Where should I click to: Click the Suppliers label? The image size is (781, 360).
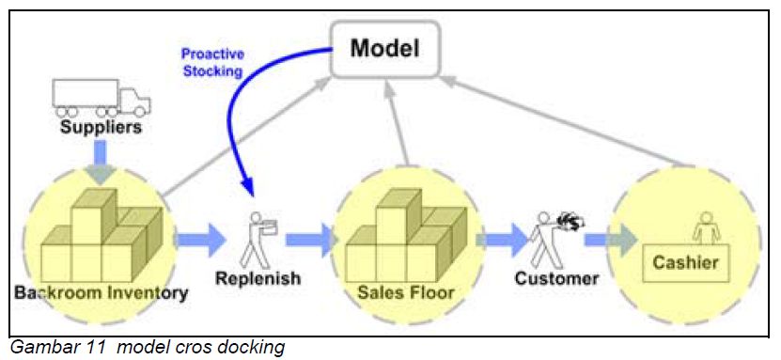102,127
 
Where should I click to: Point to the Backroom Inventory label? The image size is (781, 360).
102,292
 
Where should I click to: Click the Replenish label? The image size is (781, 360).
258,279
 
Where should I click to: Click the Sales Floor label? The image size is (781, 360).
405,292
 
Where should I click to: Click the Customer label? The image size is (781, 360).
556,279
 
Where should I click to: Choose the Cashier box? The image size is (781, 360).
698,262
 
